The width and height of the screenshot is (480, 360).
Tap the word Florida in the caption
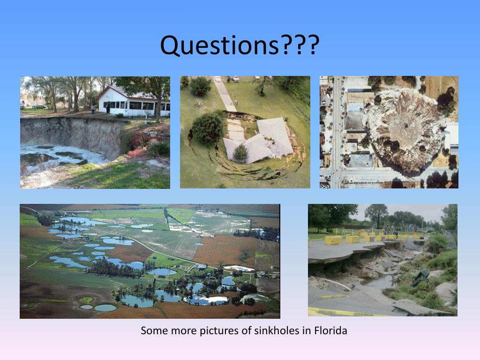(330, 330)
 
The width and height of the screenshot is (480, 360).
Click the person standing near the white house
(93, 109)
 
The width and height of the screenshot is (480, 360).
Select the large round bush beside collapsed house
(208, 128)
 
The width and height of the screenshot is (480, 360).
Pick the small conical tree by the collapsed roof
(240, 153)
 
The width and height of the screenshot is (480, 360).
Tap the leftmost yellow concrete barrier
(333, 240)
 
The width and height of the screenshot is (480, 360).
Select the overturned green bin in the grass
(420, 276)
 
